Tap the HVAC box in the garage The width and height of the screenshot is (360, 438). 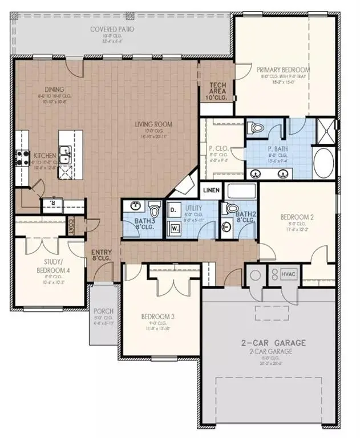289,275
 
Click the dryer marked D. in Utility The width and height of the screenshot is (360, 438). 173,210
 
